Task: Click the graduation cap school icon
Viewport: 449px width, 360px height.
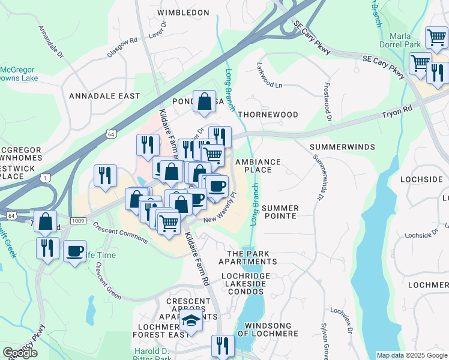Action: click(x=191, y=323)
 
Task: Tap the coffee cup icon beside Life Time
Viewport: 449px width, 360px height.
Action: click(x=75, y=251)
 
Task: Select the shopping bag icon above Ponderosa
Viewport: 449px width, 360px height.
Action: click(x=205, y=101)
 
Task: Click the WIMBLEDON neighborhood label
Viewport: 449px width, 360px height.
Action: click(x=183, y=13)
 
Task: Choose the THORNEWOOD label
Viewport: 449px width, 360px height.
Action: click(x=268, y=115)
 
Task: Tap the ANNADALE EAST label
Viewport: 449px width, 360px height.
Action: click(x=104, y=96)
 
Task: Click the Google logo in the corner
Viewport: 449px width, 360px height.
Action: click(x=20, y=353)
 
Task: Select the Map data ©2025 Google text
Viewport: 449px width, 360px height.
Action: click(x=411, y=355)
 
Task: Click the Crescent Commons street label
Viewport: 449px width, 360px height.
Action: click(x=119, y=233)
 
